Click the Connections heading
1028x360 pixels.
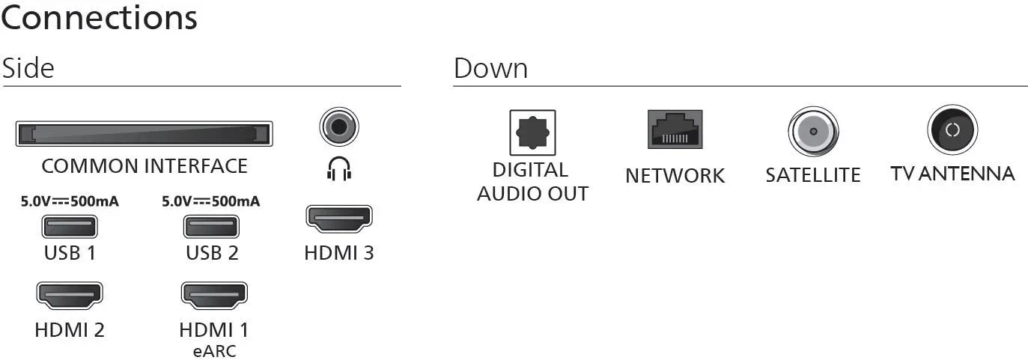[x=99, y=19]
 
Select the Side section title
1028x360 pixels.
[x=28, y=68]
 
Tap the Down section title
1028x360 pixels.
[x=490, y=69]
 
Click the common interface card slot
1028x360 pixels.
[x=144, y=134]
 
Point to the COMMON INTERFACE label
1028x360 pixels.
[x=145, y=166]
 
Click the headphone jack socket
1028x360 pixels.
[x=339, y=126]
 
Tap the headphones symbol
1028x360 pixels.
[x=339, y=168]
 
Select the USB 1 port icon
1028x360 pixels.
[x=70, y=227]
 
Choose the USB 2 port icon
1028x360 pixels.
[x=211, y=227]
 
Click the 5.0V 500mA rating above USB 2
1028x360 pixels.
[x=210, y=201]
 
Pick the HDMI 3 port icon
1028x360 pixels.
[x=339, y=218]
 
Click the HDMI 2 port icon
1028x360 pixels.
[x=70, y=295]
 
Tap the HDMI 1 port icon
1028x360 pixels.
[x=214, y=295]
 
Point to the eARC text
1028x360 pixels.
[x=214, y=351]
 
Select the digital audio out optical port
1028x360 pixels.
[x=532, y=132]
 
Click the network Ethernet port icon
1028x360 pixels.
[x=675, y=129]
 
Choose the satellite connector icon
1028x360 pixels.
[x=813, y=132]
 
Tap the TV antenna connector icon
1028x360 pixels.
[x=952, y=129]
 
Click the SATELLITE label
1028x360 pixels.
[x=813, y=175]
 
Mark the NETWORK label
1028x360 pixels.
[x=675, y=176]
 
